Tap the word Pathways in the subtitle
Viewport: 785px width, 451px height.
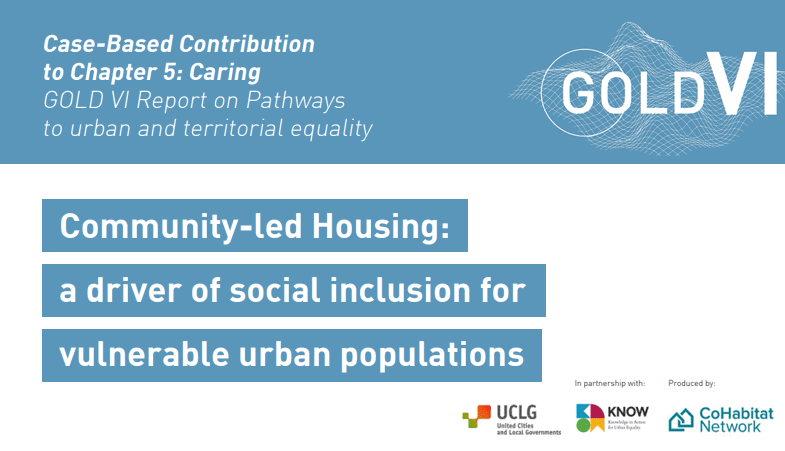click(295, 101)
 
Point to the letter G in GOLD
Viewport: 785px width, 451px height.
click(579, 92)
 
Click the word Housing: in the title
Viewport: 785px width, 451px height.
click(381, 226)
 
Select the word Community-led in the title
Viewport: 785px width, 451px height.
click(181, 227)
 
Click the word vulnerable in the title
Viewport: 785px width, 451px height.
click(144, 354)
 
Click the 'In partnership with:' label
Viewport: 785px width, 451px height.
click(610, 383)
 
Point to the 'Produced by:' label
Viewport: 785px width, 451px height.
click(691, 383)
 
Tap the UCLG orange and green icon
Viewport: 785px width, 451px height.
click(477, 416)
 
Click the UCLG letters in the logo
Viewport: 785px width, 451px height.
click(516, 413)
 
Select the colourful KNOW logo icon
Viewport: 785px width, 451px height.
click(590, 418)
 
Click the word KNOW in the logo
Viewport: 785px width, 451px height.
click(628, 412)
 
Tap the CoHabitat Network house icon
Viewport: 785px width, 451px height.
click(681, 419)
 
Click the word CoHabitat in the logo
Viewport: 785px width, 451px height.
click(736, 413)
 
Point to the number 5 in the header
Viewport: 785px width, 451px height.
click(169, 73)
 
